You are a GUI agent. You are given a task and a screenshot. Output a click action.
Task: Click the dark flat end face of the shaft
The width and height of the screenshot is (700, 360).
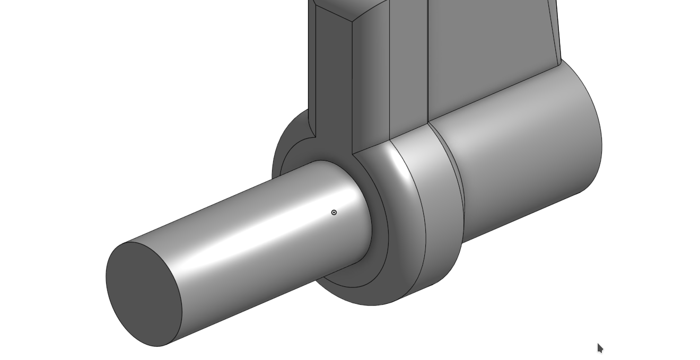coord(143,294)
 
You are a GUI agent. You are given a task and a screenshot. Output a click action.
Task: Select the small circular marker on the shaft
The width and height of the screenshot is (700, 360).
coord(334,213)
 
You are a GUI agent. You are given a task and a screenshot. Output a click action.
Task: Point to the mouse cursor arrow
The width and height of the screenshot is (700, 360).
coord(600,348)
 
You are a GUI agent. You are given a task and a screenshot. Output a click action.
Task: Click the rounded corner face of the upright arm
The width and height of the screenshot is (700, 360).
coord(371,80)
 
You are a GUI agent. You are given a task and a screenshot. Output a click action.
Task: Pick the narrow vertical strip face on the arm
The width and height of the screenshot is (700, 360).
coord(409,69)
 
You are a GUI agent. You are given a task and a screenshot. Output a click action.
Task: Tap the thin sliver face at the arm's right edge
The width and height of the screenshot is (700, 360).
coord(557,32)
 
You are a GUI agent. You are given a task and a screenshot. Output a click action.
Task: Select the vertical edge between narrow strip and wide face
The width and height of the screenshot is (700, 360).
coord(428,64)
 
